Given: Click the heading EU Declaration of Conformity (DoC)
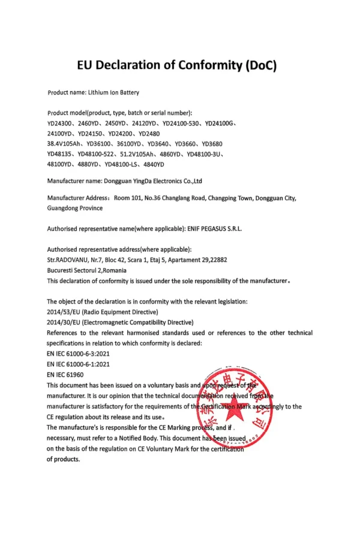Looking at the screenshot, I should pyautogui.click(x=177, y=65).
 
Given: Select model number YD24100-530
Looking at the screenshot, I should pyautogui.click(x=181, y=124).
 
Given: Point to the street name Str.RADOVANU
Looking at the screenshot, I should pyautogui.click(x=67, y=260).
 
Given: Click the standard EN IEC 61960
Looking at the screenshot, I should pyautogui.click(x=65, y=374).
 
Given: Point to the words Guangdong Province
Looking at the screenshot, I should pyautogui.click(x=74, y=208).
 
